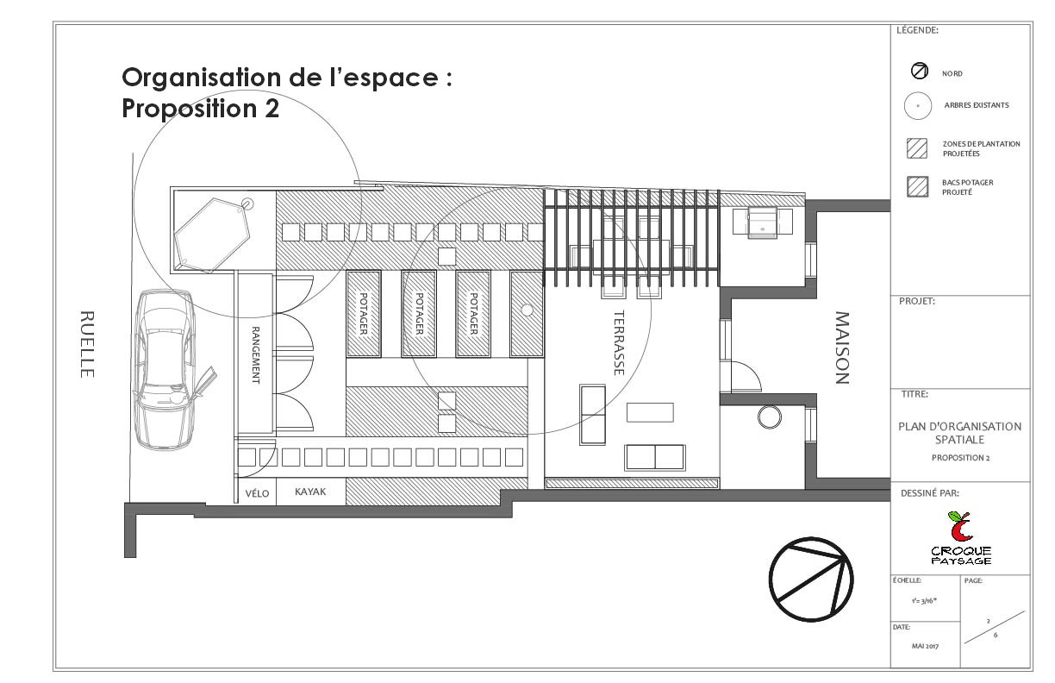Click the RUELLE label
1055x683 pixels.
pos(85,343)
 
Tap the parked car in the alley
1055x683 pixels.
pos(165,368)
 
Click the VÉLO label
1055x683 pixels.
pos(258,493)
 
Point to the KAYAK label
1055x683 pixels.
pos(310,492)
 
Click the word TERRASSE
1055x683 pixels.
pos(618,342)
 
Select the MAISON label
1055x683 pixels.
pos(842,348)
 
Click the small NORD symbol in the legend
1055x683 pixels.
pos(919,72)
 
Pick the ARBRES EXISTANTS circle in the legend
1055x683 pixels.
pos(918,105)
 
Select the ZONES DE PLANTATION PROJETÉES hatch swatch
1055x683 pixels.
pos(917,148)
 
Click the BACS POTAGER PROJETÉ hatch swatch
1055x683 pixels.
pos(917,187)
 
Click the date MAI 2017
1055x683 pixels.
pos(925,646)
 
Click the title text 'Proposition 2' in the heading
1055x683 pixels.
pos(200,110)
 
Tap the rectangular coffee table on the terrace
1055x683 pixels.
pos(650,413)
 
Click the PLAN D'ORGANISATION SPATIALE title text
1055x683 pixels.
pos(959,433)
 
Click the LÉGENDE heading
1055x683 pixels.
pos(917,30)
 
